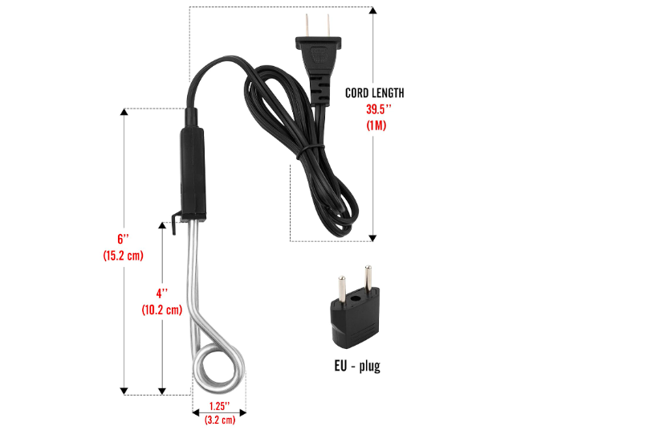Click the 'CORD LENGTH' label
[x=375, y=93]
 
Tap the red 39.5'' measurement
[x=375, y=109]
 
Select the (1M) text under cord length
[x=375, y=125]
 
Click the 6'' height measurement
[x=123, y=240]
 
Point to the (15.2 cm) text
[x=123, y=256]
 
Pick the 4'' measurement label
[x=162, y=293]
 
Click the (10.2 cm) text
[x=161, y=310]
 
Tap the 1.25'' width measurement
[x=219, y=405]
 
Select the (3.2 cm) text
[x=219, y=419]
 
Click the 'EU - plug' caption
[x=357, y=367]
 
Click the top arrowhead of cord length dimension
[x=373, y=12]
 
